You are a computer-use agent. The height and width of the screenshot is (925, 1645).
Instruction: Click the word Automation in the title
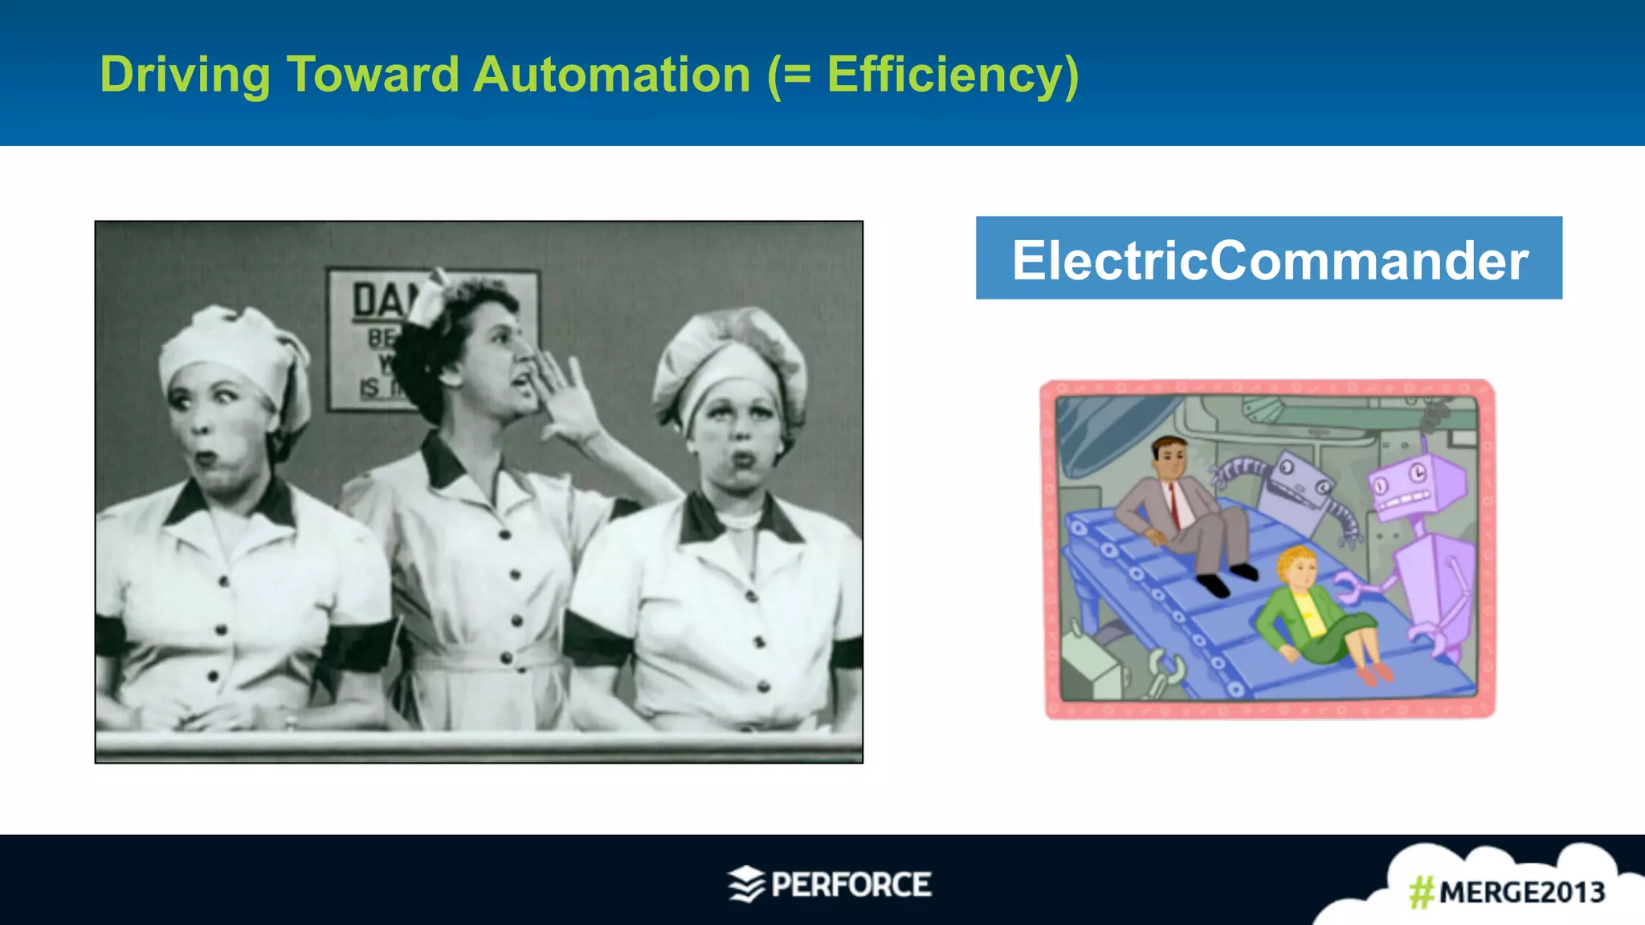tap(611, 75)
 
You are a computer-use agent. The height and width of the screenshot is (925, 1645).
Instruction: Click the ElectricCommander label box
tap(1268, 259)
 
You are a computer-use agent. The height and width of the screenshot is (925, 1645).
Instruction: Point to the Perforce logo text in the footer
tap(851, 885)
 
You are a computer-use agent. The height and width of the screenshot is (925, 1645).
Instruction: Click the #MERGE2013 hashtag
tap(1507, 892)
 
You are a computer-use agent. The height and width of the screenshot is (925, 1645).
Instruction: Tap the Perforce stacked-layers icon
tap(746, 884)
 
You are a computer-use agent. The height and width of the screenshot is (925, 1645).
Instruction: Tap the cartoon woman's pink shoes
tap(1375, 674)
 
